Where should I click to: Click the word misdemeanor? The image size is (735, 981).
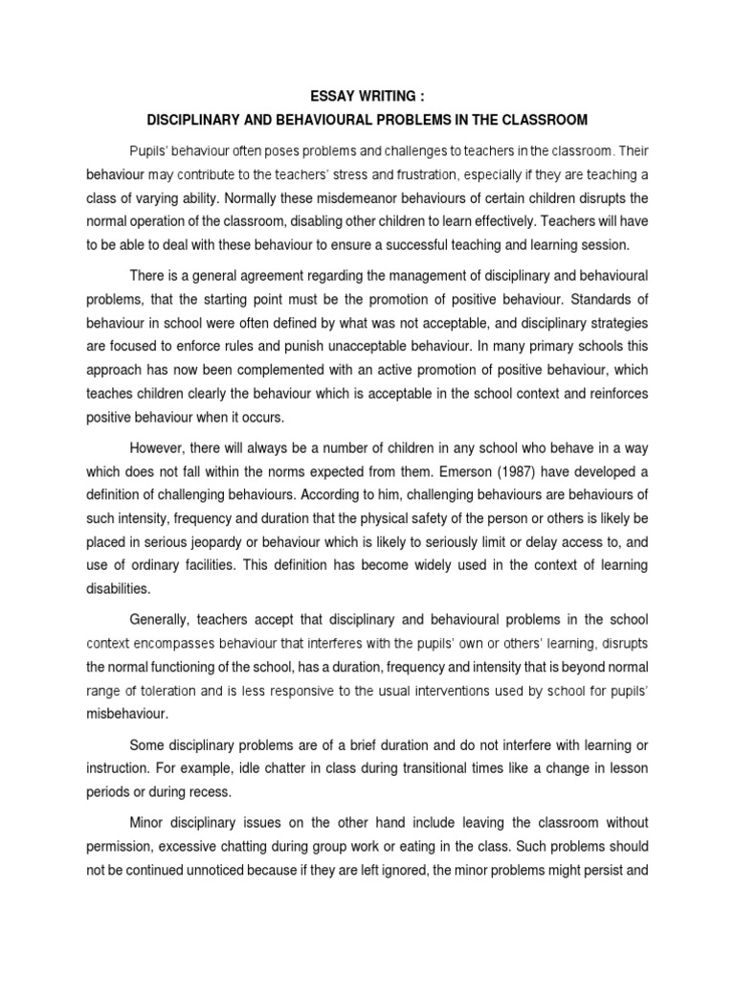tap(353, 198)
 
